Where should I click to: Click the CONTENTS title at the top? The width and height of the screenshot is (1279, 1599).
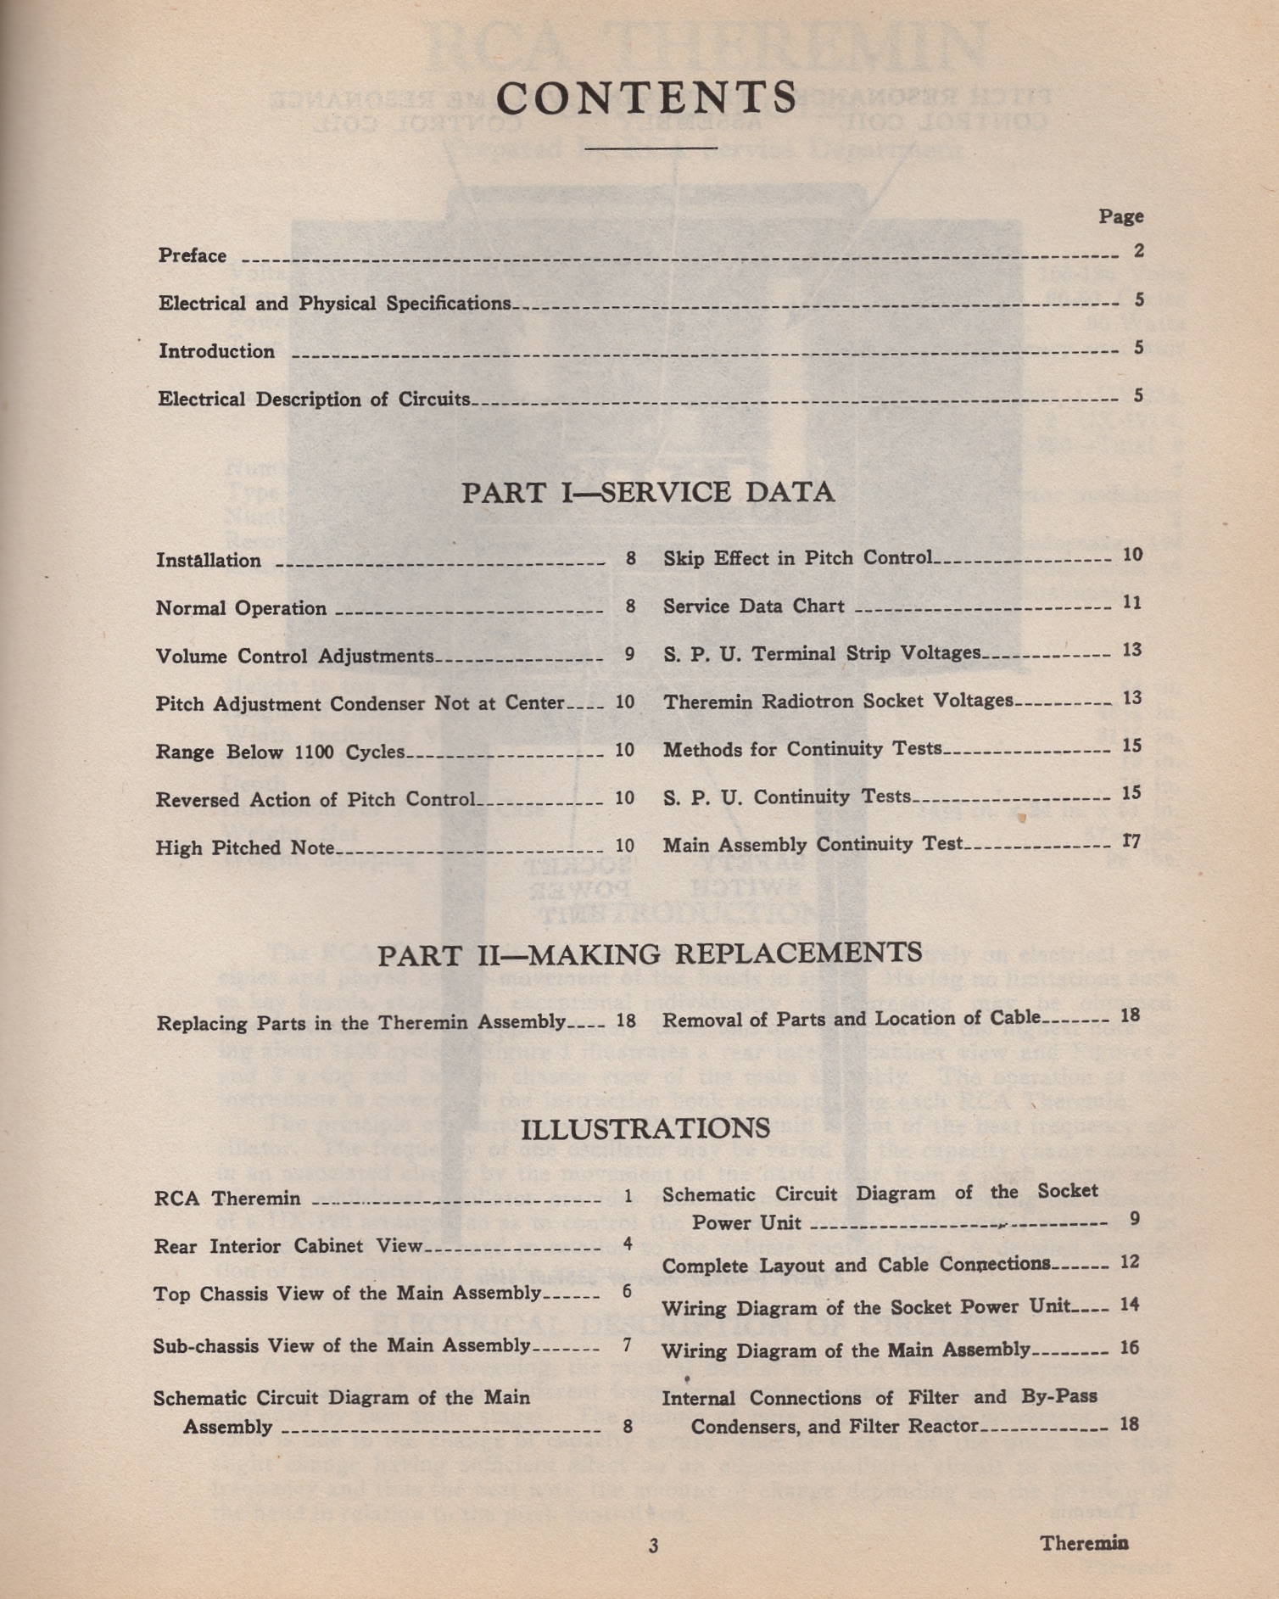[x=646, y=98]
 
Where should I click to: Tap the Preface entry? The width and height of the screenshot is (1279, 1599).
[x=193, y=255]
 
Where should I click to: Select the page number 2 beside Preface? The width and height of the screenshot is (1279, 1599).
[x=1138, y=251]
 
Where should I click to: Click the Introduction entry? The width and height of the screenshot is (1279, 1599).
[x=216, y=351]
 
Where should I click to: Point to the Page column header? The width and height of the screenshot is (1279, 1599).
[x=1121, y=216]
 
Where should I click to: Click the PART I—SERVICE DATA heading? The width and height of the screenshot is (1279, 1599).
[x=648, y=492]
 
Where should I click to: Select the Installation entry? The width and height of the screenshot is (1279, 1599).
[x=209, y=560]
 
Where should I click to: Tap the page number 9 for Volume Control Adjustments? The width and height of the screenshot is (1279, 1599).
[x=628, y=654]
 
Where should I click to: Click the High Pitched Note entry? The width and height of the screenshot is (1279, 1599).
[x=245, y=847]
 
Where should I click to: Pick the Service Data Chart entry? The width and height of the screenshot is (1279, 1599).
[x=753, y=607]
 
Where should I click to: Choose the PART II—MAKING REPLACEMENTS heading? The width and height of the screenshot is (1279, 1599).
[x=650, y=954]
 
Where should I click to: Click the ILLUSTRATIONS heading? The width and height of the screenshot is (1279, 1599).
[x=645, y=1129]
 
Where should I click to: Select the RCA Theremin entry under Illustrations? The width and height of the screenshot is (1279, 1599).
[x=227, y=1199]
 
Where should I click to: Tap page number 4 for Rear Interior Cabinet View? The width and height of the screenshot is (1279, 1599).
[x=628, y=1244]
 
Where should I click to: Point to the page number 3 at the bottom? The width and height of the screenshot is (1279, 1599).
[x=653, y=1546]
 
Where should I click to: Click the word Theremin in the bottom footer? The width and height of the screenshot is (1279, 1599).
[x=1084, y=1542]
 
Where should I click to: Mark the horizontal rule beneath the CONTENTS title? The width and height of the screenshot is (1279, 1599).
[x=651, y=148]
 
